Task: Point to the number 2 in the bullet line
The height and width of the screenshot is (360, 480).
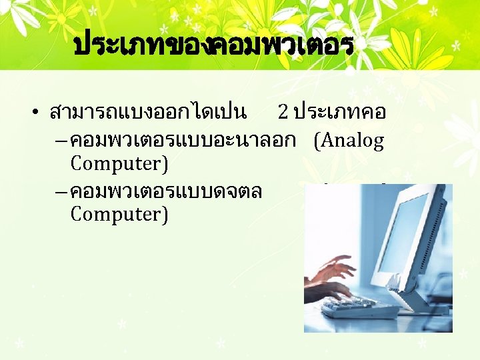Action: coord(283,111)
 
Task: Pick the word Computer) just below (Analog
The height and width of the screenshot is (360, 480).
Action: coord(119,163)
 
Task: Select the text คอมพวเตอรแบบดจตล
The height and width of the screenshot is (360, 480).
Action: coord(166,192)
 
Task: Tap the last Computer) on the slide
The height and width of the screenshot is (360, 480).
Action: coord(119,215)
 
